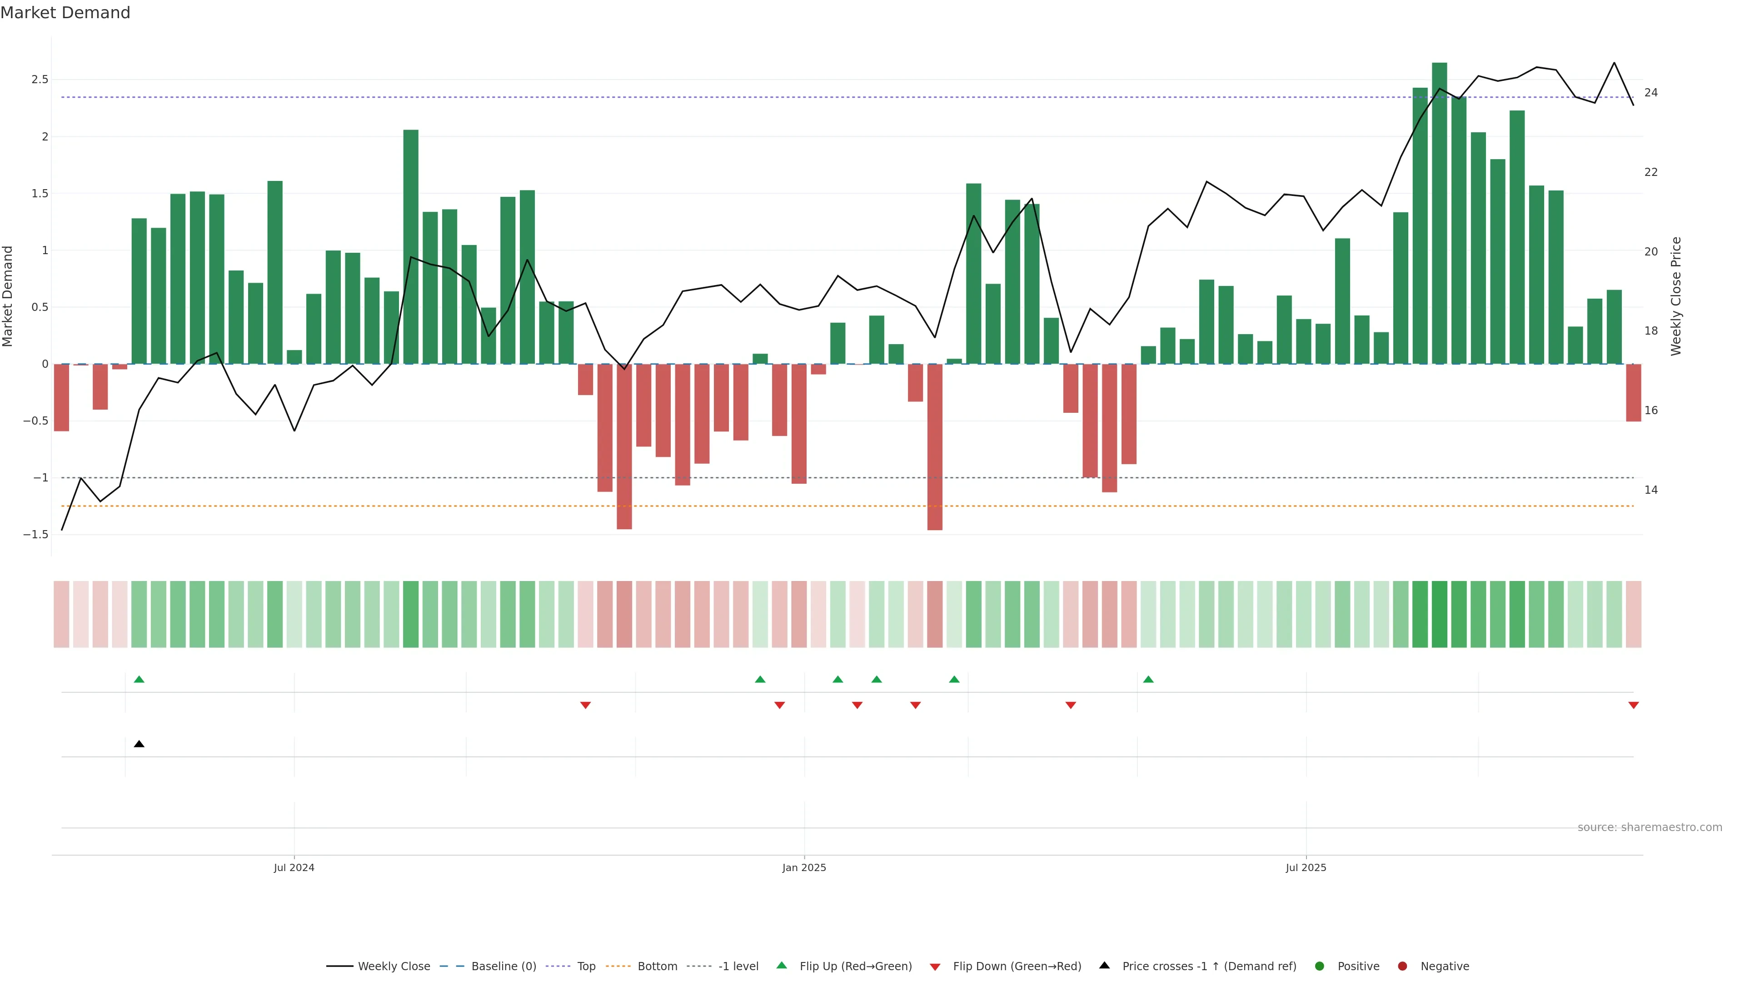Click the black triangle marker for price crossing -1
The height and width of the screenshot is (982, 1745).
(139, 744)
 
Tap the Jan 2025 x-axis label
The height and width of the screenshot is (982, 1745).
(804, 867)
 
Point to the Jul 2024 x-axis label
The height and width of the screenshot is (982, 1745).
(294, 867)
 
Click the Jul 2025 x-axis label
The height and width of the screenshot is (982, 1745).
(1306, 867)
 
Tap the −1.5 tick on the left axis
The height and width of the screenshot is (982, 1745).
(36, 535)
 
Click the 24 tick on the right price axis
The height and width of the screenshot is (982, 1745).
(1651, 92)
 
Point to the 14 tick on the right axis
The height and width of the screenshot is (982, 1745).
(1651, 490)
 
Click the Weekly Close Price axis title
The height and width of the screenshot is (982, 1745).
(1676, 296)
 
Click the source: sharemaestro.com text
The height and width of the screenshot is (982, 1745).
(1650, 827)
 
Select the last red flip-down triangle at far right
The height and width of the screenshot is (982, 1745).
(1633, 706)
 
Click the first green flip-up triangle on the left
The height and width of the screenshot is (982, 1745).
(139, 679)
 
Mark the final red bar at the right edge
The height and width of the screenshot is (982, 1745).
(1633, 393)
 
